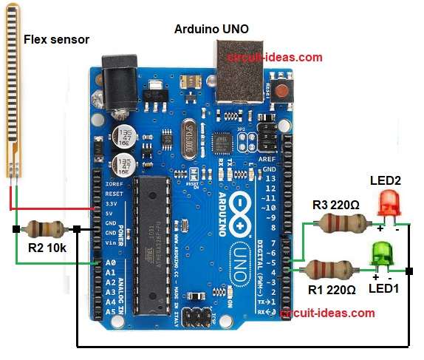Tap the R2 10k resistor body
(x=47, y=230)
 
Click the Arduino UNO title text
(x=211, y=29)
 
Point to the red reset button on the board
(x=281, y=92)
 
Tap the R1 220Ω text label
(x=331, y=289)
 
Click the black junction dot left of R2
(x=16, y=230)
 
